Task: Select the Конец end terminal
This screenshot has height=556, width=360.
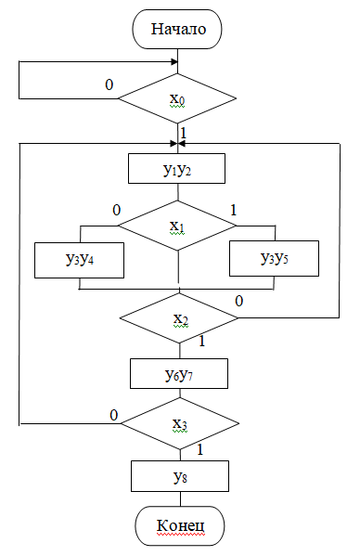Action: (179, 526)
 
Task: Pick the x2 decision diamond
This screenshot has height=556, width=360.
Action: (180, 319)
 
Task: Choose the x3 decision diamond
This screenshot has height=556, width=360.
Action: (180, 425)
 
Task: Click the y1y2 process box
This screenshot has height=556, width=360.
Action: (177, 169)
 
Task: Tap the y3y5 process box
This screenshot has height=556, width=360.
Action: (274, 258)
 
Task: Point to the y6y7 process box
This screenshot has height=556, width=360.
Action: (178, 373)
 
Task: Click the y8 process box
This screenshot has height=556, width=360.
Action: (179, 477)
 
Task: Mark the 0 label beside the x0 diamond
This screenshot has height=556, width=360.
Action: (109, 84)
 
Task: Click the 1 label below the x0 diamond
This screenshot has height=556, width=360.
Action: (183, 134)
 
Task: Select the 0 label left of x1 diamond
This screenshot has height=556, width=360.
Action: (117, 210)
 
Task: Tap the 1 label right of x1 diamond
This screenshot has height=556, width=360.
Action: (233, 210)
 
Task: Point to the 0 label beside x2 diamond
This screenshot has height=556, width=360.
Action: (239, 302)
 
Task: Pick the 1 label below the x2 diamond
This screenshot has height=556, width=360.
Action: (200, 342)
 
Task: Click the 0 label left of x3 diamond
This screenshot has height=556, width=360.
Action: (113, 415)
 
